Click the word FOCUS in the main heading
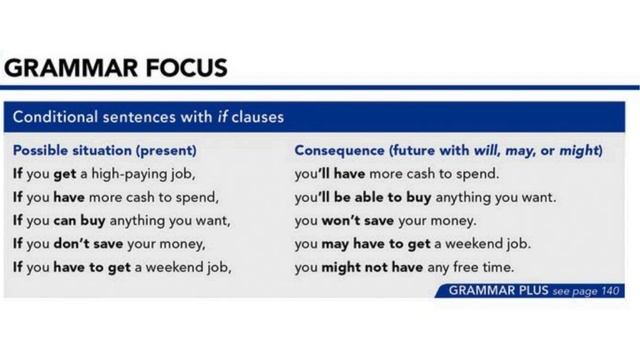pos(183,69)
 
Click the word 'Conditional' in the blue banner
pos(55,118)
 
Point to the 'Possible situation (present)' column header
pos(104,151)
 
